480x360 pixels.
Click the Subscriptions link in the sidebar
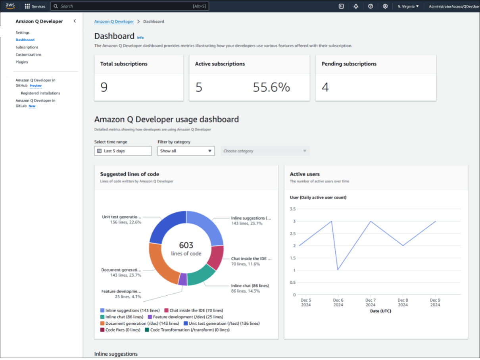tap(27, 47)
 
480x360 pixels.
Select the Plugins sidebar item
tap(22, 62)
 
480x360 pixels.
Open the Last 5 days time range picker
tap(123, 151)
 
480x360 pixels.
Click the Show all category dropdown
tap(186, 151)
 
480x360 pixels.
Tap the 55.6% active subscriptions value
tap(271, 87)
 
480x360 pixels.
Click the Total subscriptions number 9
tap(104, 87)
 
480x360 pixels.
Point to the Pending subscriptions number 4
tap(325, 87)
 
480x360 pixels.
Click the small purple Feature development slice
tap(182, 279)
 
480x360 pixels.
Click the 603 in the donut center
tap(186, 245)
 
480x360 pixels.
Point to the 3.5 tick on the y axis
tap(293, 209)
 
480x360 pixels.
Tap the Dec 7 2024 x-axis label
tap(371, 302)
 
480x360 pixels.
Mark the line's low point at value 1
tap(338, 270)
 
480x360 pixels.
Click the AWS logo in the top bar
tap(10, 6)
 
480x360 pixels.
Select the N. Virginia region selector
tap(408, 6)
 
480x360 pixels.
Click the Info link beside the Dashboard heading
tap(140, 37)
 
